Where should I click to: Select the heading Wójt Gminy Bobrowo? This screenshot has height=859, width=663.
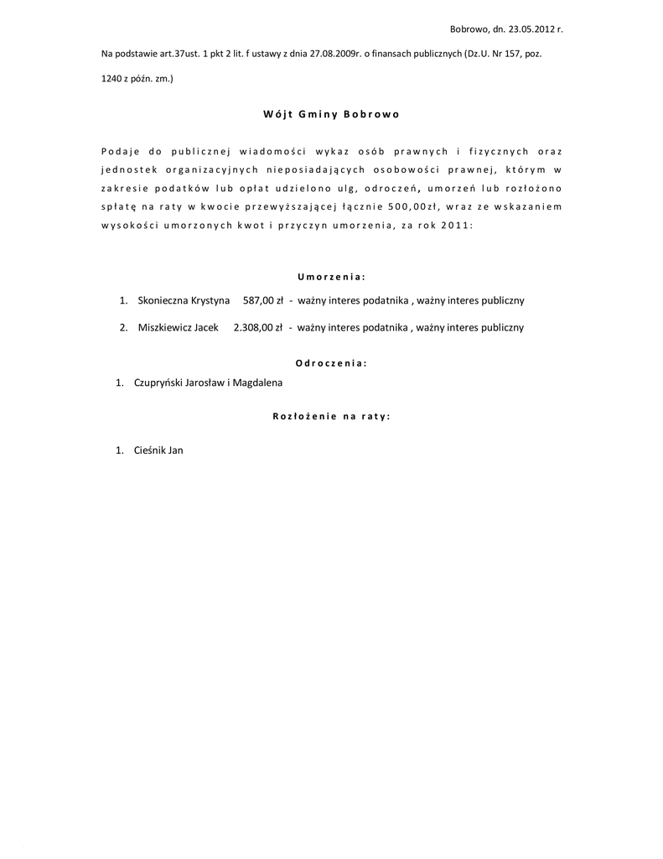pos(331,114)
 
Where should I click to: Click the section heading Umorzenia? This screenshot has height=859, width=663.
pos(331,276)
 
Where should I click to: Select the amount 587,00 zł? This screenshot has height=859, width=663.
pos(262,300)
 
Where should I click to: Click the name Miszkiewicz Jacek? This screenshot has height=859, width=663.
pos(178,327)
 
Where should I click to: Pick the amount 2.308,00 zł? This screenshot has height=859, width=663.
pos(258,327)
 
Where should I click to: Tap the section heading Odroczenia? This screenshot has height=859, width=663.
pos(331,363)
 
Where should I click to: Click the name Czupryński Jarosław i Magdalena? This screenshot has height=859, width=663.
pos(208,383)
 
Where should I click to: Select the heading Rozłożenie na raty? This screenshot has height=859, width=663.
pos(331,415)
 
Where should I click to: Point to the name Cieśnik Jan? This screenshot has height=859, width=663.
pos(158,450)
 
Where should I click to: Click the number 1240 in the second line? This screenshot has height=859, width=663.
pos(113,79)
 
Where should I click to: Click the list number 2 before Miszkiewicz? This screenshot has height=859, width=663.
pos(123,327)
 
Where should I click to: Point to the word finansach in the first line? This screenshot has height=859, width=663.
pos(393,55)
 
